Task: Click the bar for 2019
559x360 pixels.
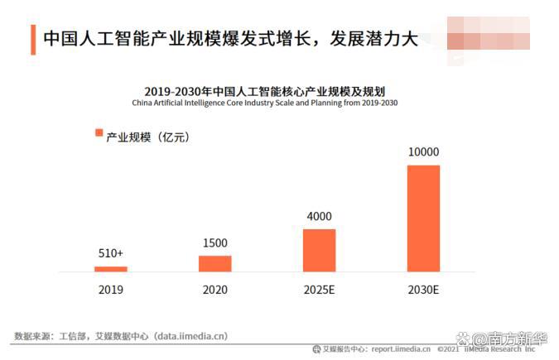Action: point(111,269)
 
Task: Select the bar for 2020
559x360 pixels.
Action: point(214,263)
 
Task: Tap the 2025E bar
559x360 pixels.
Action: point(319,250)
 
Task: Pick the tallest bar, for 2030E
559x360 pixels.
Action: point(423,218)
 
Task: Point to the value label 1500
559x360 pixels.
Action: point(214,243)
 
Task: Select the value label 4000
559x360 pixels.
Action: point(319,217)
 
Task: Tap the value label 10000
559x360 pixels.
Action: point(423,152)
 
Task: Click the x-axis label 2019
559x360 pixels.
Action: point(111,290)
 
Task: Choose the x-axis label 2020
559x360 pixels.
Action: point(214,290)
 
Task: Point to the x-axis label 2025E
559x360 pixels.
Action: point(319,290)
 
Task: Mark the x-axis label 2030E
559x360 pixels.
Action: point(423,290)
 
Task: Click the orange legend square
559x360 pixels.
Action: point(99,133)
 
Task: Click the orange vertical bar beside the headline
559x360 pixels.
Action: point(33,39)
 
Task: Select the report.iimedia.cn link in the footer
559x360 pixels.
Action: point(401,349)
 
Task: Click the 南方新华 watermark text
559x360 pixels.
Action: point(517,339)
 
